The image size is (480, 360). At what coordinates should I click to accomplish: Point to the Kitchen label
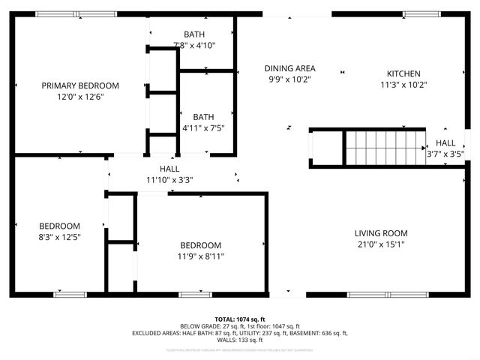[x=403, y=73]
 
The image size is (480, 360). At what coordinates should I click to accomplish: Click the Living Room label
[x=381, y=233]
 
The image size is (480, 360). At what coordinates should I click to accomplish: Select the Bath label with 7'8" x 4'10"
[x=194, y=34]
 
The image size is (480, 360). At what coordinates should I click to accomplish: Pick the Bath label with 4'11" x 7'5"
[x=203, y=117]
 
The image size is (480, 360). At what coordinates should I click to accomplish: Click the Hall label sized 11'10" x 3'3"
[x=169, y=169]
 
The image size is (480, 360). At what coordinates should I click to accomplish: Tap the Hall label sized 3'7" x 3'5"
[x=445, y=143]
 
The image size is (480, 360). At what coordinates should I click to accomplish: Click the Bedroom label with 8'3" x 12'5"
[x=60, y=226]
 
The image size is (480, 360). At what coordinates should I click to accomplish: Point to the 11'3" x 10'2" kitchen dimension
[x=403, y=85]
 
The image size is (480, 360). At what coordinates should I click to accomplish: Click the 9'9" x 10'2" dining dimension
[x=289, y=79]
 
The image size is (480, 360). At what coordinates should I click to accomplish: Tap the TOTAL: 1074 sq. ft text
[x=240, y=319]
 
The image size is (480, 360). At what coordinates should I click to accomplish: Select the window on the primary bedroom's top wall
[x=76, y=13]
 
